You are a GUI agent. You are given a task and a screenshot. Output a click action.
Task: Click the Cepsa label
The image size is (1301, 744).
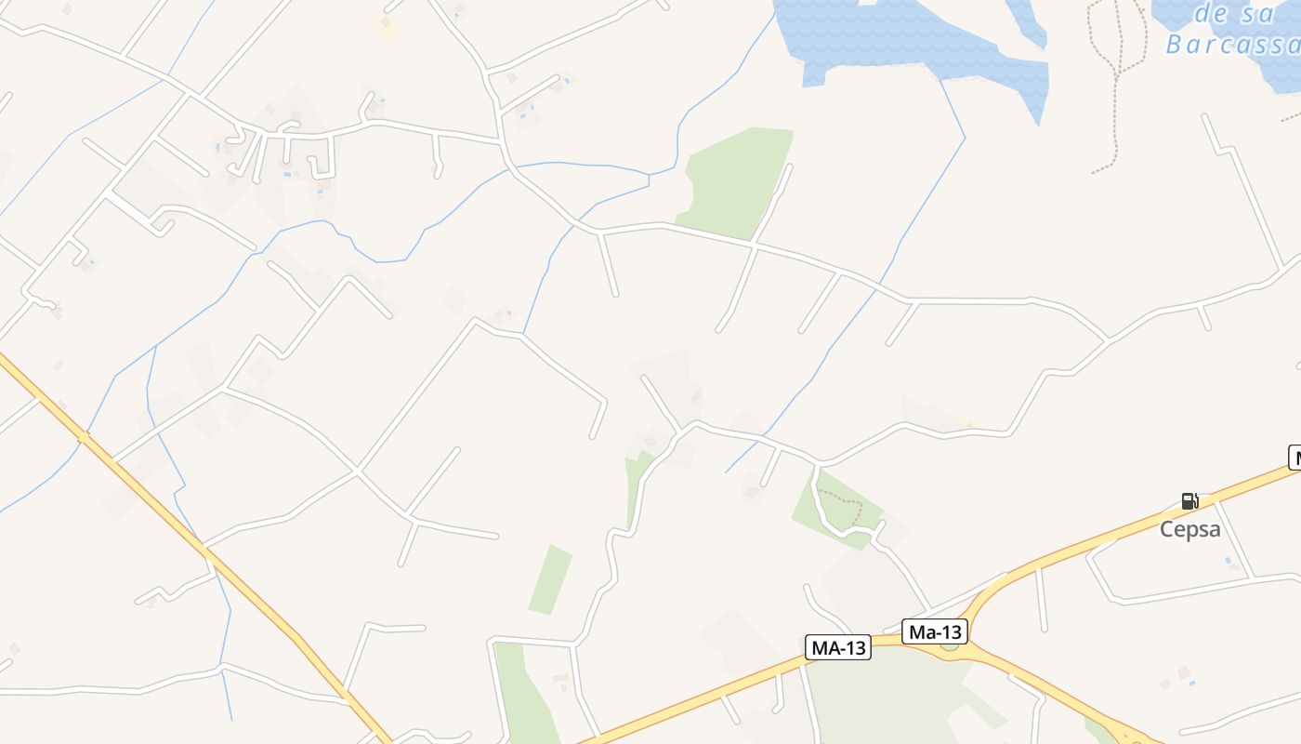pos(1189,529)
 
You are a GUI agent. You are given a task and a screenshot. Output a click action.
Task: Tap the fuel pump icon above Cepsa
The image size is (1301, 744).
pos(1189,501)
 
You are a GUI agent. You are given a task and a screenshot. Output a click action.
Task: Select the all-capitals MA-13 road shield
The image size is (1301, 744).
pos(838,648)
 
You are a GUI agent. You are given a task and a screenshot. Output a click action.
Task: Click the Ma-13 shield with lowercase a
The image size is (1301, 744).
pos(935,632)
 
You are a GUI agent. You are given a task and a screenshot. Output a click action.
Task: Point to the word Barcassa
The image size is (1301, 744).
pos(1231,45)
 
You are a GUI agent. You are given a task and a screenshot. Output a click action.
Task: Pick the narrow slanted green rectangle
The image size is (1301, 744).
pos(550,579)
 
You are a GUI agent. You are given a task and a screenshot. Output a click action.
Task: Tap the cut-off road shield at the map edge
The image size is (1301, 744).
pos(1294,458)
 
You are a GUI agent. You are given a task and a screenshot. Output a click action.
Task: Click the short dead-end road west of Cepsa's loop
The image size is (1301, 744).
pos(1042,600)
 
